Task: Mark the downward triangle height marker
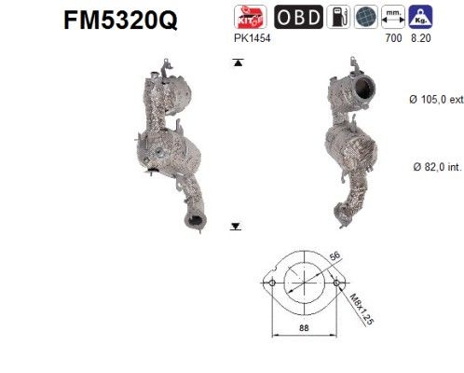(x=237, y=225)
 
